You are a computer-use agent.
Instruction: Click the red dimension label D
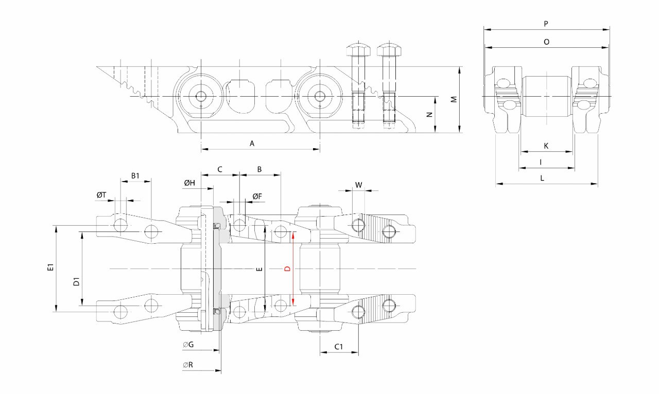tap(288, 268)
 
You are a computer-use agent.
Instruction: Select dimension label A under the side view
tap(252, 144)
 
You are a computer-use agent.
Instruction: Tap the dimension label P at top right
tap(546, 24)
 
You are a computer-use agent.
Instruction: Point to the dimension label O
tap(546, 42)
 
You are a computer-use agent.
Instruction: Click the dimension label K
tap(546, 146)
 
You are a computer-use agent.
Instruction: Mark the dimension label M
tap(454, 99)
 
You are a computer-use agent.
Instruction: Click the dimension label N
tap(429, 115)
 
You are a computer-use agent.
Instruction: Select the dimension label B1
tap(135, 176)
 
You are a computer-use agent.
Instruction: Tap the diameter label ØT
tap(101, 195)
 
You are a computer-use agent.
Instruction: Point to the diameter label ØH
tap(189, 183)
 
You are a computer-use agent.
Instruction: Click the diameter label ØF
tap(257, 196)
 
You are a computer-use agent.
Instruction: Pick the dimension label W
tap(359, 185)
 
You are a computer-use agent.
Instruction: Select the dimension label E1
tap(50, 267)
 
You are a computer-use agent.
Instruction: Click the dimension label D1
tap(76, 282)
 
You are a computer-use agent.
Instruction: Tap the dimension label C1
tap(339, 347)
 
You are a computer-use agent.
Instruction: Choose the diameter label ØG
tap(188, 345)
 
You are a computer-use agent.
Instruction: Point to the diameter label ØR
tap(188, 365)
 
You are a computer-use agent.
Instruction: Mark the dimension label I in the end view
tap(541, 162)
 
